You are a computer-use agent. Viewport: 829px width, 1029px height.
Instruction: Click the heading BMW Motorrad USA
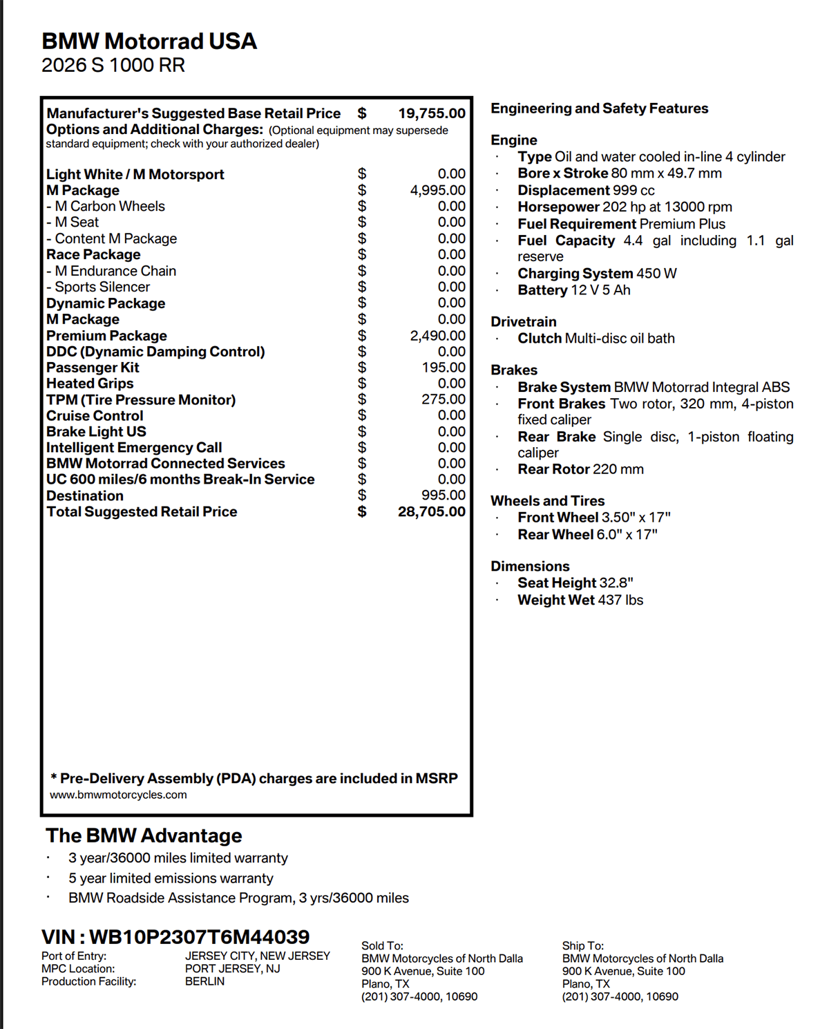click(x=149, y=41)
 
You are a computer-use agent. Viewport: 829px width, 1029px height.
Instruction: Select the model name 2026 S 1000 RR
click(x=113, y=66)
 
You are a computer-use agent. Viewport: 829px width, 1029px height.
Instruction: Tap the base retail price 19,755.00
click(x=432, y=113)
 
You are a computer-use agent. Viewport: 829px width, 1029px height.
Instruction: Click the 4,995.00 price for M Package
click(x=438, y=190)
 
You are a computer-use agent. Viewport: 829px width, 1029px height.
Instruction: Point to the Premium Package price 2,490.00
click(x=438, y=336)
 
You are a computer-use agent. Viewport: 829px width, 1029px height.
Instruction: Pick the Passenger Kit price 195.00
click(x=444, y=368)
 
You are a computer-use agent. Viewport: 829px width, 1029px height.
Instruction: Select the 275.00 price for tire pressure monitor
click(x=444, y=399)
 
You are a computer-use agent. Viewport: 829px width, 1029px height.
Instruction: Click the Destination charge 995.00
click(x=444, y=495)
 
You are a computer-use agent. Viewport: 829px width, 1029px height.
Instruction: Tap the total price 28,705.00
click(x=432, y=512)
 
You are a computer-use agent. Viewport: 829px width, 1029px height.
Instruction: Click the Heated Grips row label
click(x=90, y=384)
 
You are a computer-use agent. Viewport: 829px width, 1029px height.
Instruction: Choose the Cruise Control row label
click(x=95, y=416)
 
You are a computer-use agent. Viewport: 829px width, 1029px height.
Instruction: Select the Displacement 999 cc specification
click(x=586, y=191)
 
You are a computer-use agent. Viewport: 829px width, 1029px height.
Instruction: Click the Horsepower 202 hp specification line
click(x=625, y=207)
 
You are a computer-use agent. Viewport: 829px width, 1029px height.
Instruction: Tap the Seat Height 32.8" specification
click(x=575, y=583)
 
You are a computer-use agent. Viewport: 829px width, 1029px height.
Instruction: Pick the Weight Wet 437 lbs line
click(x=580, y=601)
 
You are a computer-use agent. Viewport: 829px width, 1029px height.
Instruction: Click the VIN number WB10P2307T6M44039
click(x=199, y=937)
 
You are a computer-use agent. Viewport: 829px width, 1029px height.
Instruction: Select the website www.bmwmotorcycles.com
click(x=118, y=795)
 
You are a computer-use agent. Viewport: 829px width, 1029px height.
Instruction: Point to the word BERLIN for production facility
click(x=204, y=981)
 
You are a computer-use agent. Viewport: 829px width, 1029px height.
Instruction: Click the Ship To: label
click(x=582, y=946)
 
